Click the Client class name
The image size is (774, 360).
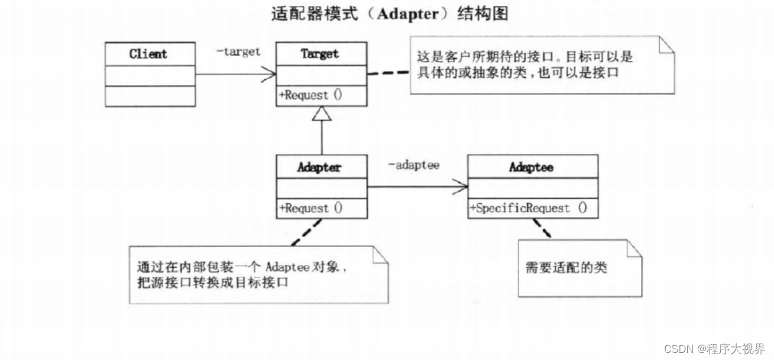[x=148, y=54]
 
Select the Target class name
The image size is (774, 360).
[x=319, y=54]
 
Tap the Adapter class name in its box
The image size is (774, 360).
[x=319, y=167]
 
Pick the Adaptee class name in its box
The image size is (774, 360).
[x=531, y=167]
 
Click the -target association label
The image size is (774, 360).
[x=238, y=51]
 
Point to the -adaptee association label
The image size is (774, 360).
[x=413, y=165]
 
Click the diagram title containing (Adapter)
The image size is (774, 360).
[x=390, y=14]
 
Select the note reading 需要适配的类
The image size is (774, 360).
[x=566, y=268]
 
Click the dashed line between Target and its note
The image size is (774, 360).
[x=388, y=73]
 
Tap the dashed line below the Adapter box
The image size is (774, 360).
[x=306, y=232]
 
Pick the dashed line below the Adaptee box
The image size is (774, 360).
[x=541, y=228]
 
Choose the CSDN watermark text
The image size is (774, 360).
[x=714, y=348]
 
